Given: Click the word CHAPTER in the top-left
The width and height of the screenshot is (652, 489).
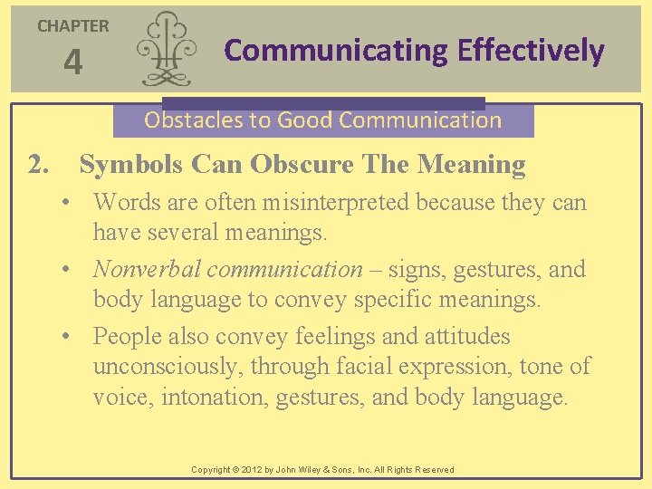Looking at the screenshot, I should pyautogui.click(x=72, y=26).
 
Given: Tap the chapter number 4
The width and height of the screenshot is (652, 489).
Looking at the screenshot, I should pyautogui.click(x=72, y=63).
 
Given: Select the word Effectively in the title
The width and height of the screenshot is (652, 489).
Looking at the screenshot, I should pyautogui.click(x=531, y=51).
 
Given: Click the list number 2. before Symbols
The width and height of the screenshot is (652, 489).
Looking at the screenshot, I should pyautogui.click(x=39, y=165).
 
